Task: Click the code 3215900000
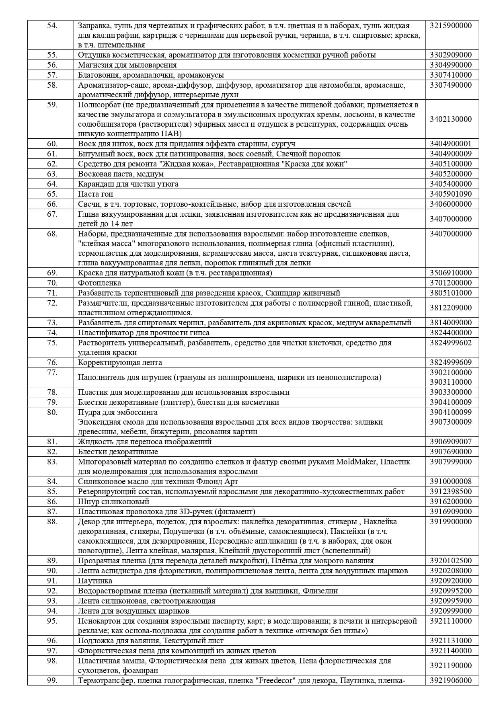coord(450,26)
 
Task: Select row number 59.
coord(52,105)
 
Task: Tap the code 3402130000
coord(450,119)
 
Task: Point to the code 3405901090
coord(450,194)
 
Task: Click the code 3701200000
coord(450,283)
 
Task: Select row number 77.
coord(52,373)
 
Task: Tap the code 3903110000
coord(450,382)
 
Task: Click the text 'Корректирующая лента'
coord(120,363)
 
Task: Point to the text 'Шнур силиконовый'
coord(113,502)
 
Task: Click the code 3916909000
coord(450,512)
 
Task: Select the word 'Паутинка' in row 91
coord(95,581)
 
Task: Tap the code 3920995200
coord(450,591)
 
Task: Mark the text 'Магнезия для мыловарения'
coord(127,65)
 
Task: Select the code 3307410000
coord(450,75)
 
